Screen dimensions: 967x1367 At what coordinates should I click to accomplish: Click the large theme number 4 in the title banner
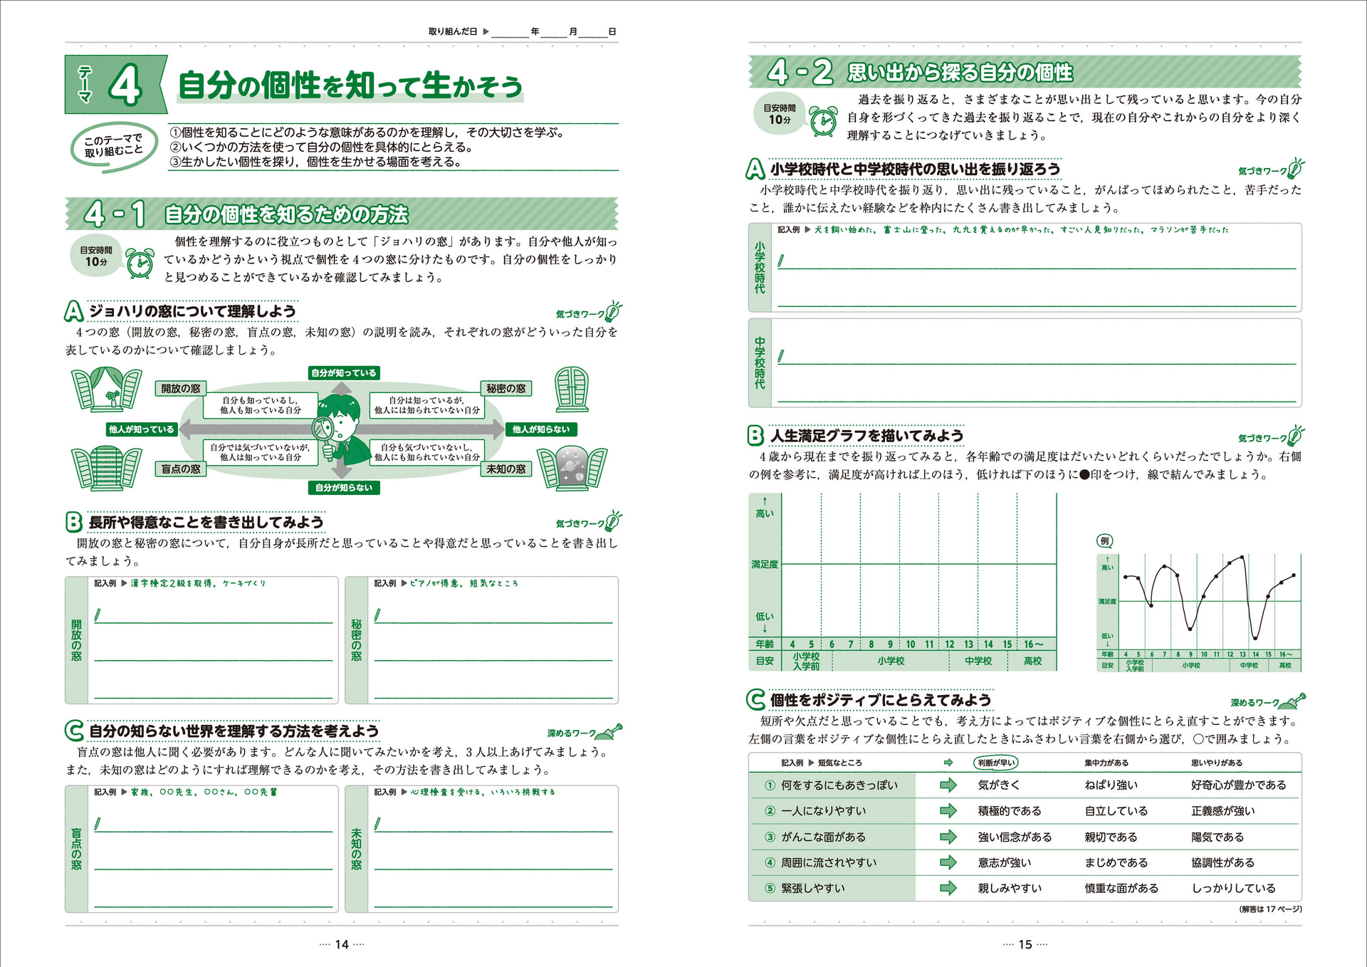[126, 85]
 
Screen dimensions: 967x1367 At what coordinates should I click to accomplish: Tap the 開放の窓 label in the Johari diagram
[181, 389]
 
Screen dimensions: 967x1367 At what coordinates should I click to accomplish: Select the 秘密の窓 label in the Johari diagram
[506, 389]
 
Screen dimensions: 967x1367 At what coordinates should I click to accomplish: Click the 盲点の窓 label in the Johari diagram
[181, 469]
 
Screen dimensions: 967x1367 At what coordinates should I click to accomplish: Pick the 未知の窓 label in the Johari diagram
[506, 469]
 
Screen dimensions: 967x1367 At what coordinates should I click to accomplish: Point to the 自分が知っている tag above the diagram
[344, 373]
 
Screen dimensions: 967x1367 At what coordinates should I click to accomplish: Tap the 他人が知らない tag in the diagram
[541, 429]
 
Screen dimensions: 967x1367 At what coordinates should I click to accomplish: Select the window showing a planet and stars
[572, 468]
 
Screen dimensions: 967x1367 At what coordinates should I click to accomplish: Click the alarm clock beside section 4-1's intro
[140, 263]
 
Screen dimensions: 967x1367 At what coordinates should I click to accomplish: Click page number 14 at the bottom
[342, 944]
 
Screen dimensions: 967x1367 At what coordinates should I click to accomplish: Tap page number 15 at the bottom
[1025, 944]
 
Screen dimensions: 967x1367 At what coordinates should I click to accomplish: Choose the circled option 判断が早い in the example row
[996, 763]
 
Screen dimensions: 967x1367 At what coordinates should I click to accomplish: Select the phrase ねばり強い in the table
[1111, 785]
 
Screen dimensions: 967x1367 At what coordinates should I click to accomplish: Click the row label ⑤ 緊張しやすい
[812, 888]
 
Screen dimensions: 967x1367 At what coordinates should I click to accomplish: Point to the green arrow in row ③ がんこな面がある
[948, 837]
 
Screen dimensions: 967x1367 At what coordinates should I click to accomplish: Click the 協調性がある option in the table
[1222, 862]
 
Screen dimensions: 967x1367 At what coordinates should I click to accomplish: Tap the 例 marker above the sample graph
[1104, 541]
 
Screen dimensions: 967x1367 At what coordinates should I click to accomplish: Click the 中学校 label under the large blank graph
[978, 661]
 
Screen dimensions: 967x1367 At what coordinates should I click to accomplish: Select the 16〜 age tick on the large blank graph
[1034, 644]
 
